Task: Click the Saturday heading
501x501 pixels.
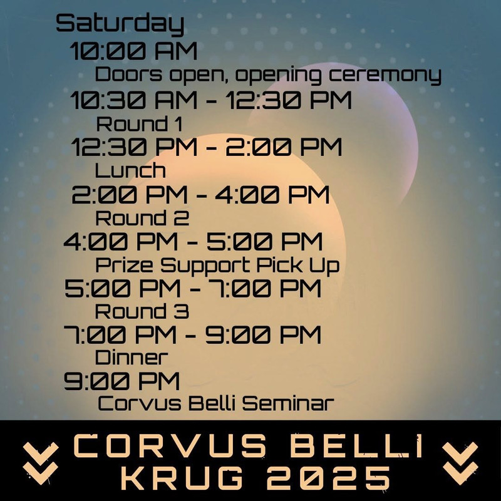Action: point(120,24)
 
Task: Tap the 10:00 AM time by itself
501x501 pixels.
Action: point(133,51)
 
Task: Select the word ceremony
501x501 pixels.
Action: point(385,76)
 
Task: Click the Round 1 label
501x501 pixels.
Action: point(139,123)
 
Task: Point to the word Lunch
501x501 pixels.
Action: point(130,170)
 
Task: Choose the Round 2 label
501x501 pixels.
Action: point(142,218)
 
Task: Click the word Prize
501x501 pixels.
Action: point(124,265)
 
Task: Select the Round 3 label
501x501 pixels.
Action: point(142,311)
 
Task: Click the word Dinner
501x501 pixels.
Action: point(132,357)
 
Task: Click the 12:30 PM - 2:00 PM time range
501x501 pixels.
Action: point(207,147)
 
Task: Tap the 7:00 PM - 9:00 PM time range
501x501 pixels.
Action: point(192,335)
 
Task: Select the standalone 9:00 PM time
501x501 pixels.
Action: point(121,381)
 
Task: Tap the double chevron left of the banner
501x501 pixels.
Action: point(41,463)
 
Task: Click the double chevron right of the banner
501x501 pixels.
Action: point(460,463)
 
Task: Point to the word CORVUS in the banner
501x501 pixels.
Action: point(170,445)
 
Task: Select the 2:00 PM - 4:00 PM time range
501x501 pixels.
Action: point(200,195)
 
